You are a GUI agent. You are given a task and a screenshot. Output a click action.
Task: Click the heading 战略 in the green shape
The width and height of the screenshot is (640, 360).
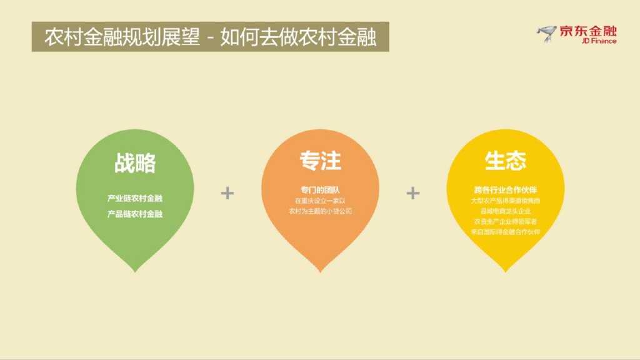click(x=135, y=164)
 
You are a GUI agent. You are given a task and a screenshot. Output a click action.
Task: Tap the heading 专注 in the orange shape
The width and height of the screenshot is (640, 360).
click(x=320, y=161)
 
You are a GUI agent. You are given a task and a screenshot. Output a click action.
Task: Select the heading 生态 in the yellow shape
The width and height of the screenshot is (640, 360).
click(x=505, y=161)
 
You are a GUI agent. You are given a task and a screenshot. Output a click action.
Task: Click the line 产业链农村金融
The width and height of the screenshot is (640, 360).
click(x=135, y=199)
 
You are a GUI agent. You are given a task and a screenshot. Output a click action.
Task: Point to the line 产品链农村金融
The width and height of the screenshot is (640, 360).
click(x=135, y=214)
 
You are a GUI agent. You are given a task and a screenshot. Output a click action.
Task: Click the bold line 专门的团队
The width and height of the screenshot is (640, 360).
click(x=320, y=189)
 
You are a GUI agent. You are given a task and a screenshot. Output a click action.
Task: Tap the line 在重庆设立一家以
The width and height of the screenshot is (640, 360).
click(x=320, y=201)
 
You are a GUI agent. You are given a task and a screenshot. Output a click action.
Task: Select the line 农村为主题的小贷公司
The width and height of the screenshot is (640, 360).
click(x=320, y=211)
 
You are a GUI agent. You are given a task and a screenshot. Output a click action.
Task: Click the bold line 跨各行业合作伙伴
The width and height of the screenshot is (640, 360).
click(x=506, y=189)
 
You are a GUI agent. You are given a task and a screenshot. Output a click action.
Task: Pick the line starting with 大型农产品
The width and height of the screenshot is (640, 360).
click(x=506, y=201)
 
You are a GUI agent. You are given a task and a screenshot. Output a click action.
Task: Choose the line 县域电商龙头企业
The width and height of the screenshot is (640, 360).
click(x=506, y=211)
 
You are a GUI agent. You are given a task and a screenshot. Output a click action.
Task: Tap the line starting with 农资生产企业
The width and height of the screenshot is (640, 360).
click(x=506, y=221)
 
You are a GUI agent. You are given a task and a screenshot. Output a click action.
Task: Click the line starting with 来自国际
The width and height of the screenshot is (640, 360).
click(x=506, y=232)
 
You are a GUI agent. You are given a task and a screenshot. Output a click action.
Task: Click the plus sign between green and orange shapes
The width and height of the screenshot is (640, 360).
click(x=227, y=193)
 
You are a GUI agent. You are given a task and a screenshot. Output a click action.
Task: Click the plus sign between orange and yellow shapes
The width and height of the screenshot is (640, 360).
click(x=412, y=193)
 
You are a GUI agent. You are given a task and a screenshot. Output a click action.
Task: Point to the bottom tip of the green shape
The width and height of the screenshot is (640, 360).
click(x=135, y=269)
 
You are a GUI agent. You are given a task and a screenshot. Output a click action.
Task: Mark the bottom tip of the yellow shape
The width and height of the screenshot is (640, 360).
click(x=505, y=270)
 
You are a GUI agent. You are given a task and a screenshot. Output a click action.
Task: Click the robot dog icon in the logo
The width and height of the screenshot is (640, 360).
click(x=546, y=34)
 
